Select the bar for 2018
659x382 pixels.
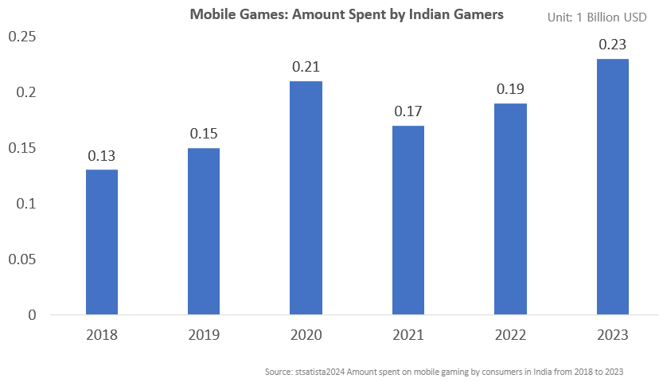[101, 242]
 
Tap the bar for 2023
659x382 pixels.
[613, 186]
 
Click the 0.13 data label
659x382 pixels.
[101, 155]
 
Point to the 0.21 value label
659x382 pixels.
[306, 67]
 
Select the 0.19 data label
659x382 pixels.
[510, 89]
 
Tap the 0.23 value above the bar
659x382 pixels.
[613, 45]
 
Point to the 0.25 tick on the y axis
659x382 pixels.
[22, 37]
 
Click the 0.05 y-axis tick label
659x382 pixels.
[22, 259]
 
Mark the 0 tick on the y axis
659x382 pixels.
[32, 315]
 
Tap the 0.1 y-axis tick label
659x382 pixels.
[27, 204]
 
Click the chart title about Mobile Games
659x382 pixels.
[346, 14]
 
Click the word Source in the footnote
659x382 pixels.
[278, 372]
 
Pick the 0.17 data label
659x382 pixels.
[408, 111]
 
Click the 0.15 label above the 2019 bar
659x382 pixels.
[204, 134]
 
